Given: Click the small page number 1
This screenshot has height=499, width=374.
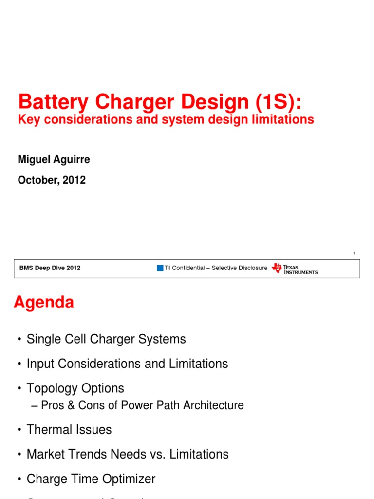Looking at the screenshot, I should pos(354,253).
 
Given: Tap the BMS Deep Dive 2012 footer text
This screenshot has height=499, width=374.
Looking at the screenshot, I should pos(50,268).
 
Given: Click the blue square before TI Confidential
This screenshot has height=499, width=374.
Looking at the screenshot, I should pos(160,268).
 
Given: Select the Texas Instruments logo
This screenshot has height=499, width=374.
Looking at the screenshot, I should pos(295,268).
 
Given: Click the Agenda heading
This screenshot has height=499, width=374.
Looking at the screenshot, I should pos(44,303).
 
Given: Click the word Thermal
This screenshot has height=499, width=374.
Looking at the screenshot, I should pos(48,430).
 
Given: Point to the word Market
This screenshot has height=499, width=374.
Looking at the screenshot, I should pos(44,454).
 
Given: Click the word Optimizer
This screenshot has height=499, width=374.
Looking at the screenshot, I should pos(131,479).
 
